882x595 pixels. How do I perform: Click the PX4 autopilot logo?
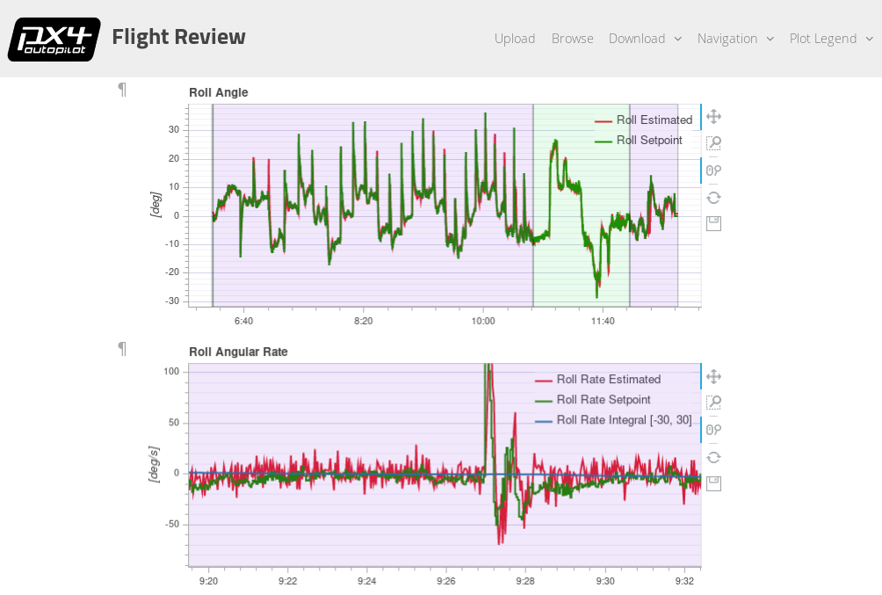[x=54, y=39]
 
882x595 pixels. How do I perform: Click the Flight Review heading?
[x=178, y=37]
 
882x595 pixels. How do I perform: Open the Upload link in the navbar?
[x=515, y=39]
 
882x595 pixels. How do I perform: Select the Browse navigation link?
[x=572, y=39]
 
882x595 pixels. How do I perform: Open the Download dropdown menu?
[x=645, y=39]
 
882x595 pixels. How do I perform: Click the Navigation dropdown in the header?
[x=735, y=39]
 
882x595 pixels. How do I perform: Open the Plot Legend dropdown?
[x=831, y=39]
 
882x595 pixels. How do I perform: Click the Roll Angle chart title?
[x=219, y=92]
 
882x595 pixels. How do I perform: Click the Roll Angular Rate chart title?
[x=238, y=352]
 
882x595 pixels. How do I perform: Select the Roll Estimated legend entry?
[x=654, y=120]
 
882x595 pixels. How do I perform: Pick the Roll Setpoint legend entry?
[x=649, y=141]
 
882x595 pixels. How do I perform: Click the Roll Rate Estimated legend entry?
[x=608, y=380]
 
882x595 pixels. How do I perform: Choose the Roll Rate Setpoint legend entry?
[x=604, y=400]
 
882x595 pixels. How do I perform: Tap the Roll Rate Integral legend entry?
[x=624, y=420]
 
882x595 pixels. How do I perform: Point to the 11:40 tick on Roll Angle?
[x=603, y=321]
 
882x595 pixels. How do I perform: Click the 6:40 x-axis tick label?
[x=243, y=321]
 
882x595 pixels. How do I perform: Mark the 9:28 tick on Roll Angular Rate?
[x=525, y=581]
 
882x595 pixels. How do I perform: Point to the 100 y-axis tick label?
[x=171, y=371]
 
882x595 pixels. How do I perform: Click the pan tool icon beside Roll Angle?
[x=713, y=116]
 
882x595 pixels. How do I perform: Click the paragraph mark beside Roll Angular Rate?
[x=122, y=349]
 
